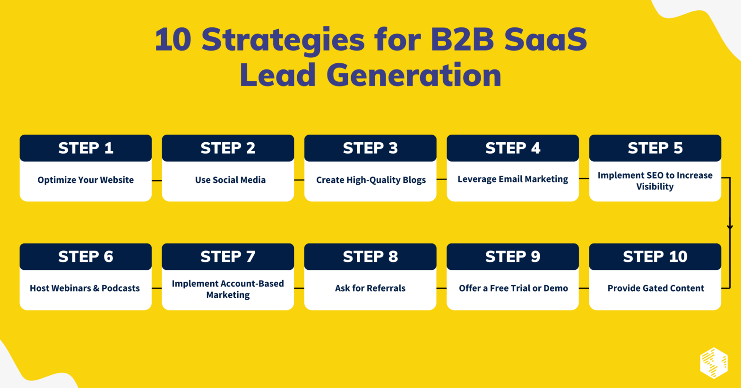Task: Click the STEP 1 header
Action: pos(86,148)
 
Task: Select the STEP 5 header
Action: pos(655,148)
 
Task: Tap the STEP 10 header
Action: pos(655,257)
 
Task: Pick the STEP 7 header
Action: pos(228,257)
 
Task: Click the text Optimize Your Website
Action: pos(86,180)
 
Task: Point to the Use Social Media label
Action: pos(230,180)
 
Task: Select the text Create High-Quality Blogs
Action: pos(371,180)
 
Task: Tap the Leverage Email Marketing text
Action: pos(513,179)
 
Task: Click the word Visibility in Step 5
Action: pos(655,187)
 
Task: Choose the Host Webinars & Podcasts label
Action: pos(85,288)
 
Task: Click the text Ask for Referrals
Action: pos(370,288)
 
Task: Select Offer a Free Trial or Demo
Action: pos(513,288)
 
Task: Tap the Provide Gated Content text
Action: pos(655,288)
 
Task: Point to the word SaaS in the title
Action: pos(545,39)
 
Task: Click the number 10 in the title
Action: pos(173,39)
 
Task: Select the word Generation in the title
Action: pos(414,76)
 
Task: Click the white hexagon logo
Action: pos(714,363)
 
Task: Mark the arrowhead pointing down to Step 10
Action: pos(730,228)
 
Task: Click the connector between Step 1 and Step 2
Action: pos(157,181)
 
